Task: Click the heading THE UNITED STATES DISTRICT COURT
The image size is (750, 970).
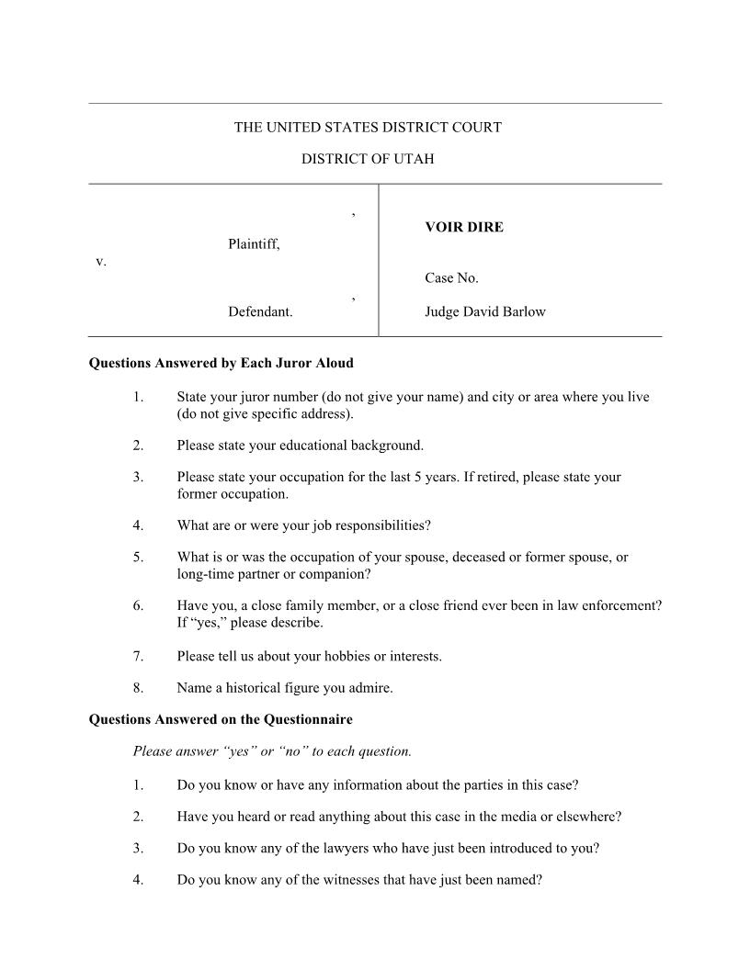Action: pos(368,128)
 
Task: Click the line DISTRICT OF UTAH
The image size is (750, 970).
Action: pos(368,159)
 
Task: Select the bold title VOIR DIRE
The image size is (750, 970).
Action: pos(464,227)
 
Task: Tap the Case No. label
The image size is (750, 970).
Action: pos(451,277)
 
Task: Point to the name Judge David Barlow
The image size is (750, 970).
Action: pos(484,311)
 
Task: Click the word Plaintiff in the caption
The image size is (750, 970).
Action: pos(254,244)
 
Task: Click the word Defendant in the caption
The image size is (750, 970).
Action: pos(260,311)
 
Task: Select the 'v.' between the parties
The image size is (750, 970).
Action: pos(101,262)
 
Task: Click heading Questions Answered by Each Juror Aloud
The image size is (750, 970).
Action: pos(221,363)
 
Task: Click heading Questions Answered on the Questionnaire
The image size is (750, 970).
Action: pos(221,718)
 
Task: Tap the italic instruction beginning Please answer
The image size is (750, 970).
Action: pos(272,751)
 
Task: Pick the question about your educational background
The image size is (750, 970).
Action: pos(300,446)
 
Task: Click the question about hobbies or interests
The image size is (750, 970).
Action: pos(309,656)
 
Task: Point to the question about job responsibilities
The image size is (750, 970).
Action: pos(303,525)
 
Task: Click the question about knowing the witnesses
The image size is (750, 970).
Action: pos(359,879)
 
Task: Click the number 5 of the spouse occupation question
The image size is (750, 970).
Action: pos(137,557)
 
